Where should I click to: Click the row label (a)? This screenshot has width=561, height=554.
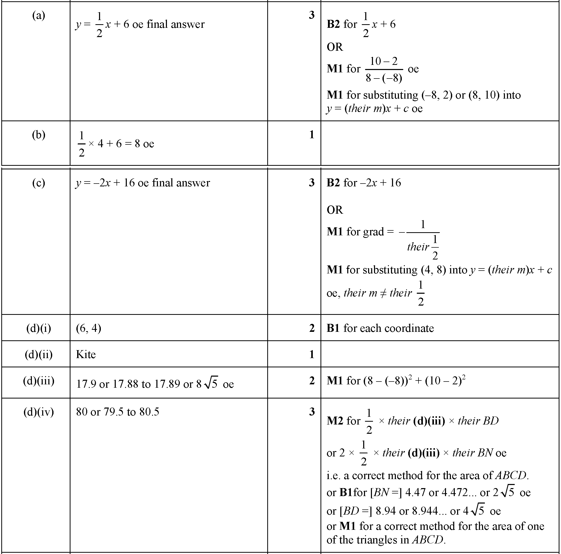point(38,15)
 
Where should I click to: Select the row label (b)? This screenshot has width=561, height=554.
point(38,135)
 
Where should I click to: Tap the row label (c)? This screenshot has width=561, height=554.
point(38,183)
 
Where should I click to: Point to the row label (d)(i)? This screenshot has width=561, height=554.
point(38,328)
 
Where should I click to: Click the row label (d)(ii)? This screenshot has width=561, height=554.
point(38,354)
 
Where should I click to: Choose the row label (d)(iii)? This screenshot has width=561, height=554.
point(38,380)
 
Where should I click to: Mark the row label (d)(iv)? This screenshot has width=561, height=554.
point(38,412)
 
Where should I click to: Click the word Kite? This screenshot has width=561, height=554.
point(86,354)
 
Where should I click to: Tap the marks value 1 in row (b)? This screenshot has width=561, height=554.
point(311,135)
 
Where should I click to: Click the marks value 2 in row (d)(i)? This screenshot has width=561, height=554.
point(311,328)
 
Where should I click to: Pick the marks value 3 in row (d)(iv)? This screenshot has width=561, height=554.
point(311,412)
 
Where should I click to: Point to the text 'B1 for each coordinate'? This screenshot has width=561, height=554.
point(380,328)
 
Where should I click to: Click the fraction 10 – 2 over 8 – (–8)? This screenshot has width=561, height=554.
point(384,70)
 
